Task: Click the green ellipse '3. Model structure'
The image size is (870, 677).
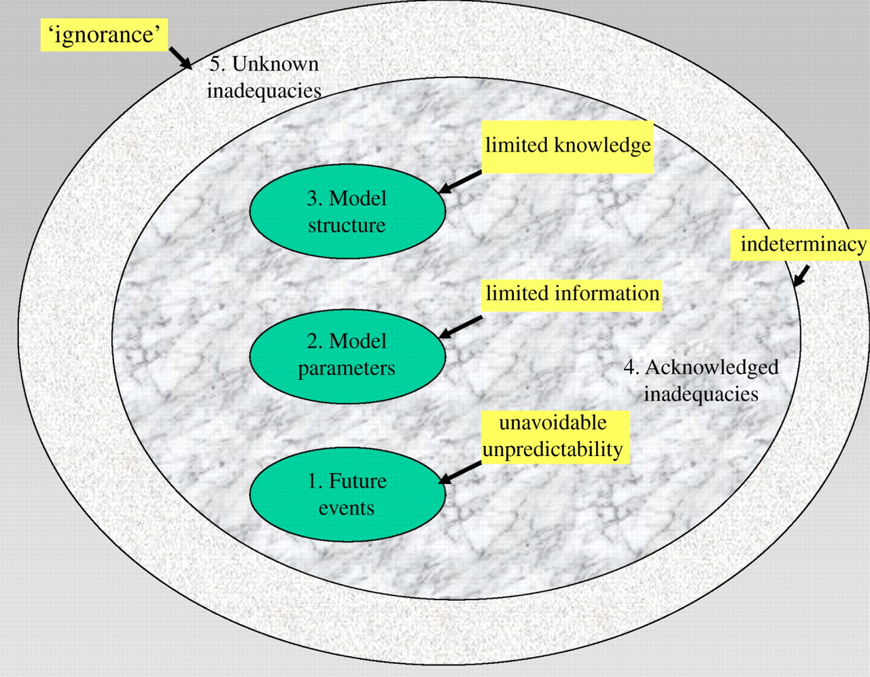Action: point(347,211)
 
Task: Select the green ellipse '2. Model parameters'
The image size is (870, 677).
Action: point(347,356)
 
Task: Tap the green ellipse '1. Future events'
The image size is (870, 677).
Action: point(347,495)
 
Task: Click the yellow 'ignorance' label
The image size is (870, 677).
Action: point(104,35)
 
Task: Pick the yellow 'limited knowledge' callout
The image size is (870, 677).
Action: point(568,147)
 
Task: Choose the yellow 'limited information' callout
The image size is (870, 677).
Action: point(572,296)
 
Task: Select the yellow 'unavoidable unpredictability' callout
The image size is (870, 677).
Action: point(555,437)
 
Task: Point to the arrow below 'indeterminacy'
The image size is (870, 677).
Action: point(801,276)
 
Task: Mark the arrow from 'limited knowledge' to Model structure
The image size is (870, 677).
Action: point(460,182)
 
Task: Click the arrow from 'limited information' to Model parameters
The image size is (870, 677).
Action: point(460,328)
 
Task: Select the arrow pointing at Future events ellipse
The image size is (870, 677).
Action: point(460,473)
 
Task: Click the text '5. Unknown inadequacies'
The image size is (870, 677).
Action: point(264,77)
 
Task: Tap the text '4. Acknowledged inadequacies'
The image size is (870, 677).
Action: point(701,381)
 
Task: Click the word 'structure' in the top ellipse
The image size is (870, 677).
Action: point(347,225)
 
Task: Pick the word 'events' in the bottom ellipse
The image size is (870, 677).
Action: point(347,508)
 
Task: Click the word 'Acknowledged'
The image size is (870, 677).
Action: point(712,368)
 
